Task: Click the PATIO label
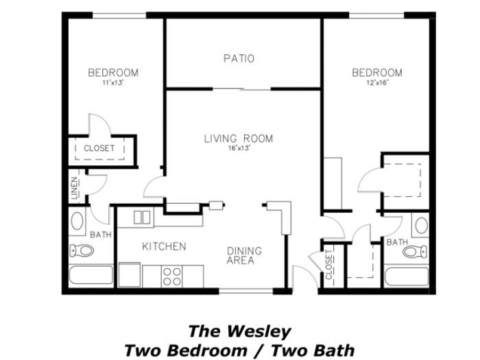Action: [239, 58]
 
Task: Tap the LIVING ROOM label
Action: [239, 139]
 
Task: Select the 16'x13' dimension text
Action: [239, 148]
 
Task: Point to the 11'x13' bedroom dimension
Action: [113, 82]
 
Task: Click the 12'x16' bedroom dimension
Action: [377, 82]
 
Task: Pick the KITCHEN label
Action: [164, 246]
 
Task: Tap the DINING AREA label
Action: [244, 256]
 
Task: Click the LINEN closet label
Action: [74, 189]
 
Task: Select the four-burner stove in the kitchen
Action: [171, 276]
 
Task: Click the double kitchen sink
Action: [142, 217]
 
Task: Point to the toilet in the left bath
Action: [81, 250]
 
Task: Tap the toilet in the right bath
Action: [415, 252]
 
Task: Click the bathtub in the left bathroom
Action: [91, 275]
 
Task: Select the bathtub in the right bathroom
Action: [407, 276]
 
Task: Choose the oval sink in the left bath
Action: [77, 221]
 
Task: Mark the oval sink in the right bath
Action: [422, 226]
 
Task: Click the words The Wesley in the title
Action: [239, 331]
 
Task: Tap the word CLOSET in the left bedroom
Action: [99, 149]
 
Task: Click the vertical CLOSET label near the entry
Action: [328, 265]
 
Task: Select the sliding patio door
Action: [242, 89]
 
